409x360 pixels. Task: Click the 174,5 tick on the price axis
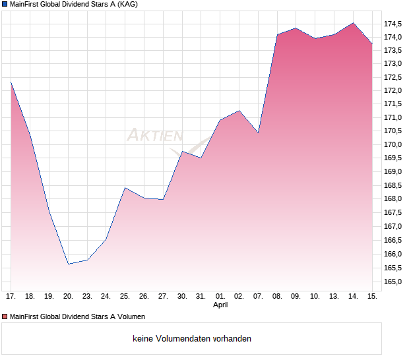tap(393, 23)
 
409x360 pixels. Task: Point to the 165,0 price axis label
tap(393, 282)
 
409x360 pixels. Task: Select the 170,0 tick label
tap(393, 145)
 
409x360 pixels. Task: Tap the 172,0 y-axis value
tap(393, 90)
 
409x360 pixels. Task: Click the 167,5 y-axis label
tap(393, 213)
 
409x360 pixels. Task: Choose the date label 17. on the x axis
tap(11, 296)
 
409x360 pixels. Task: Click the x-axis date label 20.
tap(68, 296)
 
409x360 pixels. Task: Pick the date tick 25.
tap(125, 296)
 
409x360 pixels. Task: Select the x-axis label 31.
tap(201, 296)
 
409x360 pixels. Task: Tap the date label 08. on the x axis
tap(277, 296)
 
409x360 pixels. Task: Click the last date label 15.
tap(372, 296)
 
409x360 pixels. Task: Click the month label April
tap(221, 305)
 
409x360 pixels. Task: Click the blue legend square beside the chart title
tap(5, 5)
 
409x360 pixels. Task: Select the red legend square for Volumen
tap(5, 317)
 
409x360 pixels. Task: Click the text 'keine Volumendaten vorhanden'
tap(192, 339)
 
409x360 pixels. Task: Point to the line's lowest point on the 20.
tap(68, 264)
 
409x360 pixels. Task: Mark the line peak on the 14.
tap(354, 23)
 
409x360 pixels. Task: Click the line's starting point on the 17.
tap(11, 82)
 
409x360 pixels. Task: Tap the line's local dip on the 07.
tap(258, 133)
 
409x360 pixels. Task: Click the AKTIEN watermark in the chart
tap(154, 136)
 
